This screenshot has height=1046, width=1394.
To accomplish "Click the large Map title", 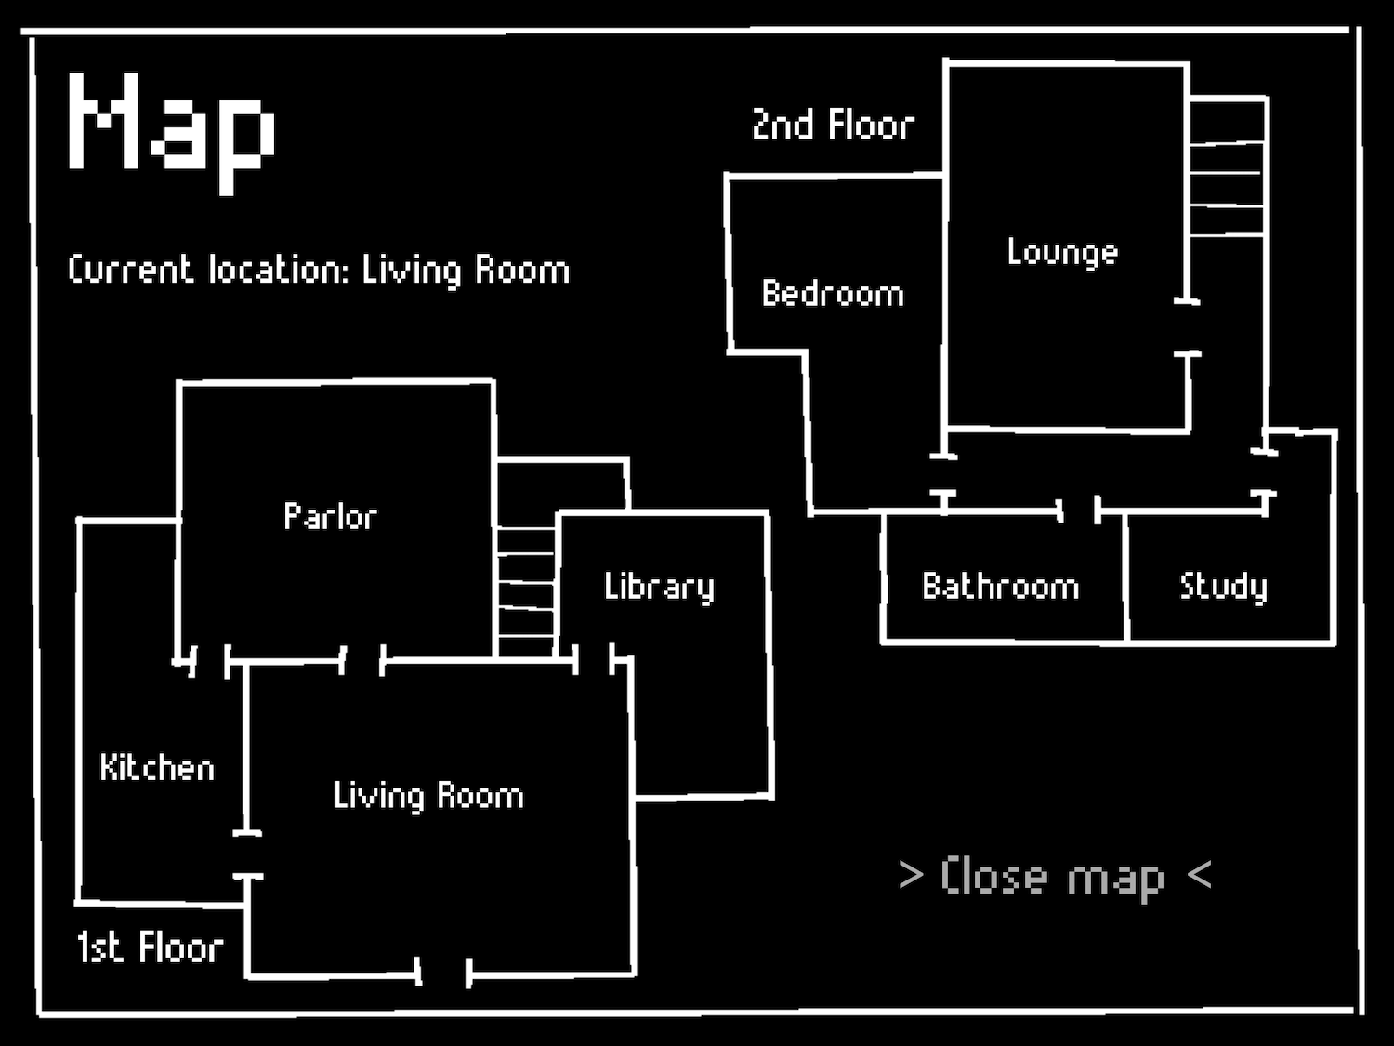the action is click(x=172, y=133).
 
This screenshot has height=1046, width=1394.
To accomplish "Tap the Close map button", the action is click(x=1055, y=877).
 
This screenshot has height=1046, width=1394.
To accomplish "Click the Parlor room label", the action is click(x=330, y=516).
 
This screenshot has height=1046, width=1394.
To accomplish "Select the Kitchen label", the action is click(x=157, y=767).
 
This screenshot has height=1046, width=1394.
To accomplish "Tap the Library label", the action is click(x=659, y=587).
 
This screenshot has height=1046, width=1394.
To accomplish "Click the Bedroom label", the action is click(x=833, y=294).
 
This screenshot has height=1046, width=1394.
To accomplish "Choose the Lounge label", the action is click(x=1062, y=253).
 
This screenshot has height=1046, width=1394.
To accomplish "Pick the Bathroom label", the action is click(x=1000, y=586).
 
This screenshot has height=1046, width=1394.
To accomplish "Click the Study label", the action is click(x=1223, y=587).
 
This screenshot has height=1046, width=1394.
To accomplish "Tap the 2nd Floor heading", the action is click(x=834, y=125).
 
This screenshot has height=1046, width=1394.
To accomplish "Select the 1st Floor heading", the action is click(x=150, y=947).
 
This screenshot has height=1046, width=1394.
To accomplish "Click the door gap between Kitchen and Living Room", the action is click(x=247, y=854).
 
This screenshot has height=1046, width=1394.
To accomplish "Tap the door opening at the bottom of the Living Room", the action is click(x=443, y=973).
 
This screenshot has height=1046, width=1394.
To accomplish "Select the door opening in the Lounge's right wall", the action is click(x=1187, y=327).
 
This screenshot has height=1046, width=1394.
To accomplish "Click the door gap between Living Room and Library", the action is click(x=594, y=659).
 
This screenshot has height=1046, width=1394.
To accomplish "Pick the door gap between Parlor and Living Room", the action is click(x=362, y=660).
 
